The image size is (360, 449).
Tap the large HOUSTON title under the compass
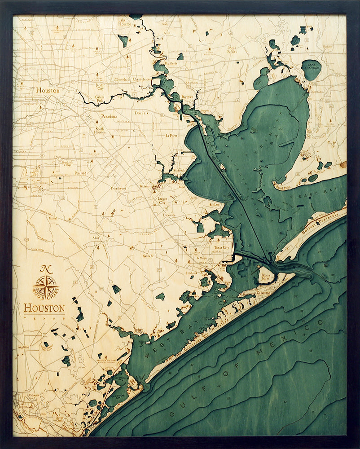tap(44, 308)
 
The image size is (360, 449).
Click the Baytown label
tap(187, 97)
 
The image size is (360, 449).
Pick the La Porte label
tap(171, 135)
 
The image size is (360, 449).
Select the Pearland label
tap(80, 173)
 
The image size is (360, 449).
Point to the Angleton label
tap(24, 347)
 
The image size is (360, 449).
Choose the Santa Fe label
tap(149, 256)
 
